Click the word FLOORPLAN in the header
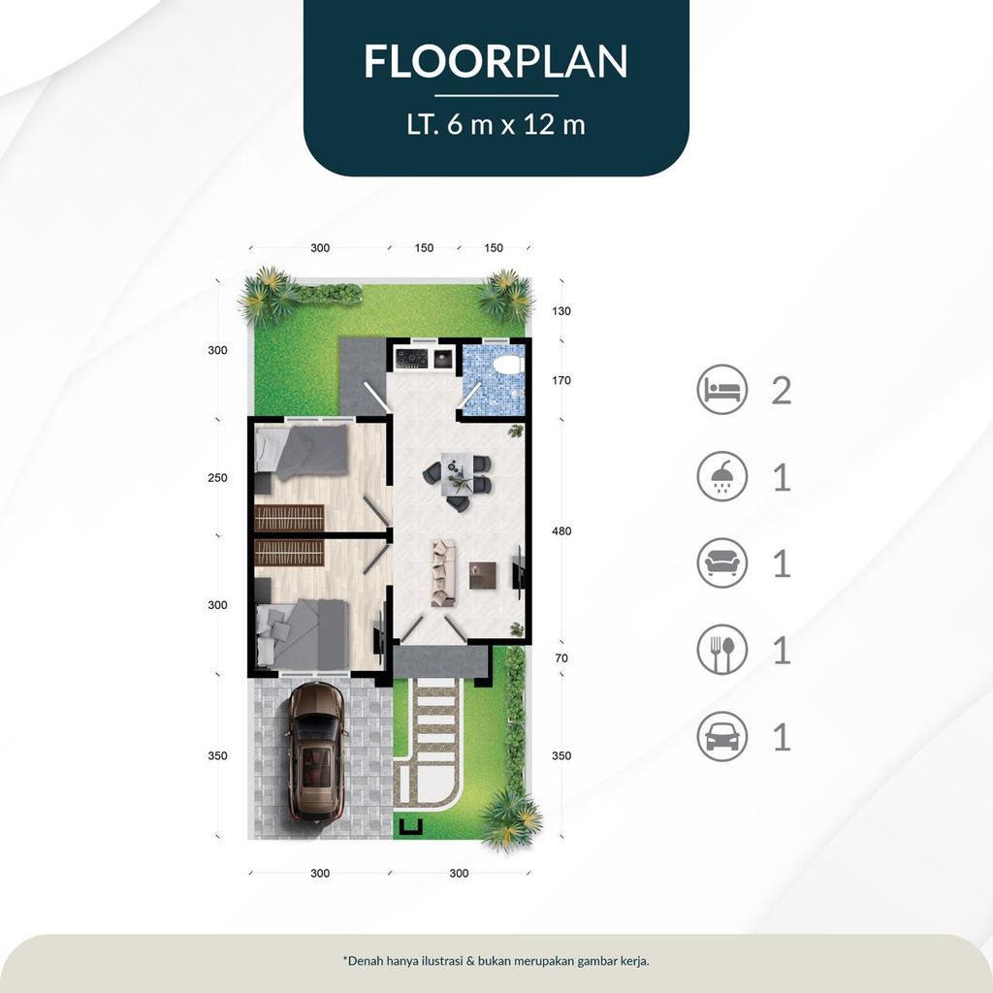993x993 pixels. pos(496,61)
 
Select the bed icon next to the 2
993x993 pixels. pos(721,390)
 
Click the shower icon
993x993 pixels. pos(721,476)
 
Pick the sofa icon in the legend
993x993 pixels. pos(721,563)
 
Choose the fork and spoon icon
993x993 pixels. pos(721,650)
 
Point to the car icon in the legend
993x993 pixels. pos(721,736)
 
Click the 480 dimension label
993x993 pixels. pos(561,530)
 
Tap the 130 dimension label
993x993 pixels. pos(561,311)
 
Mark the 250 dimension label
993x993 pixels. pos(217,477)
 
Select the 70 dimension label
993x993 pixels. pos(561,658)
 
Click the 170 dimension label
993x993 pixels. pos(561,380)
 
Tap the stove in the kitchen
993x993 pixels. pos(411,359)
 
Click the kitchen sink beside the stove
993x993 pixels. pos(442,359)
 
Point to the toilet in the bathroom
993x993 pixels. pos(508,365)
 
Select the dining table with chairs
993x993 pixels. pos(457,477)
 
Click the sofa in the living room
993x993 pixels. pos(443,572)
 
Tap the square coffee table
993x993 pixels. pos(483,575)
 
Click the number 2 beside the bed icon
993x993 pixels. pos(782,390)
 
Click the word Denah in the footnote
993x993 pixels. pos(365,960)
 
